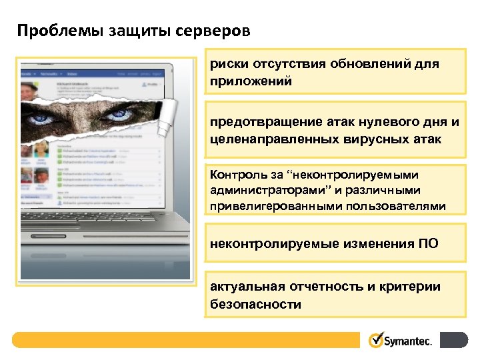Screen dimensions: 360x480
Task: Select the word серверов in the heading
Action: [215, 31]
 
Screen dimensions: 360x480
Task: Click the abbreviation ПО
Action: [429, 243]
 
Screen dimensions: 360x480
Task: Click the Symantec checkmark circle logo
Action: [376, 340]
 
